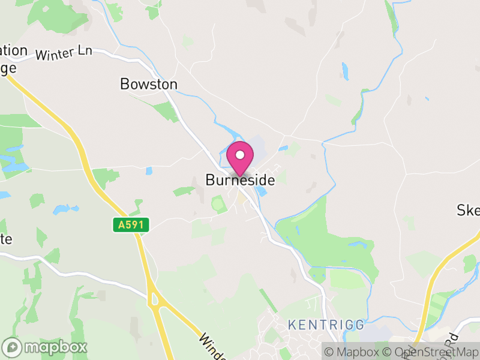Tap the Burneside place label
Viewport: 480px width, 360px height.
click(x=240, y=179)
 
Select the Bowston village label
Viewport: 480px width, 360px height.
click(x=149, y=84)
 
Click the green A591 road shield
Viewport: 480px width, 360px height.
click(x=130, y=225)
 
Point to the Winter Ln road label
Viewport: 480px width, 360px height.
click(x=64, y=53)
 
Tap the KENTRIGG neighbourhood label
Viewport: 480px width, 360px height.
click(x=326, y=325)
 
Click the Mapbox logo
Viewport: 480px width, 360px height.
click(x=46, y=347)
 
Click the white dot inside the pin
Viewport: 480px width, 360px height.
click(x=240, y=155)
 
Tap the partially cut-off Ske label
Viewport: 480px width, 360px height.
click(x=469, y=210)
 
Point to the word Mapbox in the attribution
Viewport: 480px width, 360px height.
click(x=359, y=352)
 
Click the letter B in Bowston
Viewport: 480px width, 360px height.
click(x=125, y=84)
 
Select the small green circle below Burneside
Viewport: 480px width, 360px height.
click(x=217, y=204)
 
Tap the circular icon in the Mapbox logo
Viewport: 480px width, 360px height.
click(x=12, y=347)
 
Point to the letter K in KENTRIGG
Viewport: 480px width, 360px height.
click(x=292, y=325)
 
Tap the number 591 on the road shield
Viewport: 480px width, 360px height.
click(x=134, y=225)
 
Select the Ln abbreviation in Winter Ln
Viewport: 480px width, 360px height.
click(x=84, y=51)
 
